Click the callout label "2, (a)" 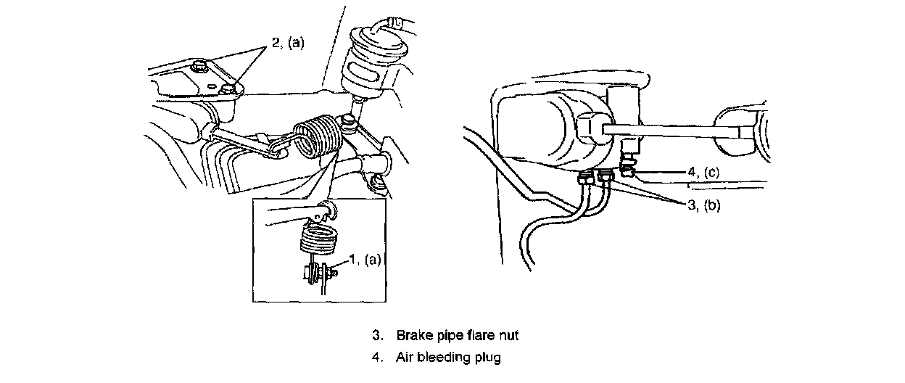pos(289,44)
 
